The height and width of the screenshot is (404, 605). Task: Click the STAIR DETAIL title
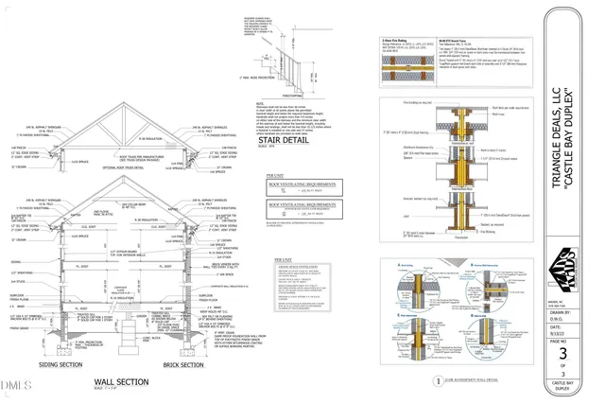(x=280, y=142)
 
